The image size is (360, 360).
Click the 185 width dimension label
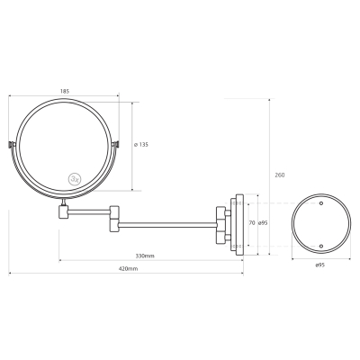pyautogui.click(x=65, y=92)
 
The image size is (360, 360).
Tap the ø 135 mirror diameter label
pyautogui.click(x=140, y=145)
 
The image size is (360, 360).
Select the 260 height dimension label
pyautogui.click(x=280, y=175)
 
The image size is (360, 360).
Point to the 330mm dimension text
pyautogui.click(x=145, y=256)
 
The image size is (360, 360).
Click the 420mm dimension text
pyautogui.click(x=128, y=269)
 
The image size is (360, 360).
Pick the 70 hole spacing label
pyautogui.click(x=252, y=223)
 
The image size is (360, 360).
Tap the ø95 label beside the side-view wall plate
pyautogui.click(x=263, y=223)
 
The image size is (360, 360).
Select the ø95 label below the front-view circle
pyautogui.click(x=320, y=265)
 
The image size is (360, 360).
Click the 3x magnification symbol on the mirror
pyautogui.click(x=74, y=179)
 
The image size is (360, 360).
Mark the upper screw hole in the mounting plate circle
pyautogui.click(x=321, y=203)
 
